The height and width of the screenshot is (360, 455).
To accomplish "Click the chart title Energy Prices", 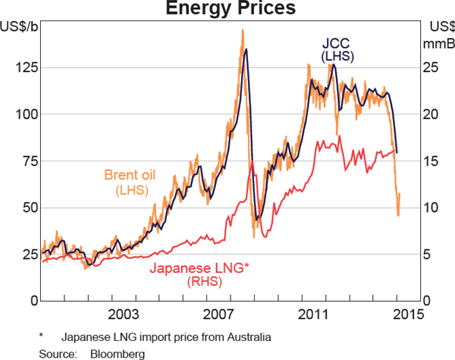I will tap(227, 9).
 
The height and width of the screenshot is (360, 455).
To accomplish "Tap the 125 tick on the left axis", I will tap(25, 67).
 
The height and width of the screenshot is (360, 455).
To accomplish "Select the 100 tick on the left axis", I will tap(25, 114).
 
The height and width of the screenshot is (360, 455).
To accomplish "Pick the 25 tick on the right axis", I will tap(430, 67).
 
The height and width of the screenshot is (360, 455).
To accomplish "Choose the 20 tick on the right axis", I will tap(430, 114).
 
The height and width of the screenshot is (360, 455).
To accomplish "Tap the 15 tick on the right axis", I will tap(430, 161).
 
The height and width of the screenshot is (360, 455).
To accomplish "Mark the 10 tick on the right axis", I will tap(430, 208).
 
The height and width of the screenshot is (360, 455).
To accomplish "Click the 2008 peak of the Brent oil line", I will tap(242, 30).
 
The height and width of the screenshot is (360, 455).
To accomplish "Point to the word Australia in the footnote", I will tap(247, 336).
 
